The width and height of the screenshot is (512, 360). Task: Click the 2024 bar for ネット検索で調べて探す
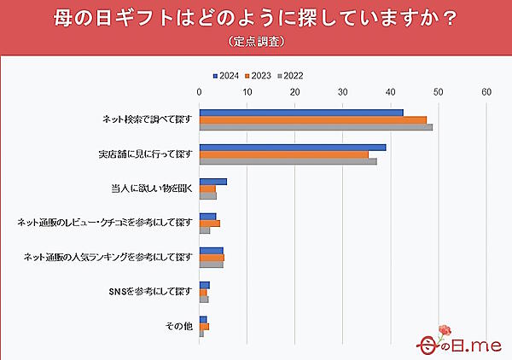300,113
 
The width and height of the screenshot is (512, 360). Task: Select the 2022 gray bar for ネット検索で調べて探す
316,127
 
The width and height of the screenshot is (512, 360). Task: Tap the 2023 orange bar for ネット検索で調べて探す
312,120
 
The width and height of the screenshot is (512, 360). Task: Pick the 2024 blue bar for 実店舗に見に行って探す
292,147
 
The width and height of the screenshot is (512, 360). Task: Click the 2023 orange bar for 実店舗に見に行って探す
283,154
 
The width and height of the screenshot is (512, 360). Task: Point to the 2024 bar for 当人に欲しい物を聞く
212,182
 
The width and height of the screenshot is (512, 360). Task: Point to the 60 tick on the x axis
486,92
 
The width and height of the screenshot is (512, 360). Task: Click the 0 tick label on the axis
200,92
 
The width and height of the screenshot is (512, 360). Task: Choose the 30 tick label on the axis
343,92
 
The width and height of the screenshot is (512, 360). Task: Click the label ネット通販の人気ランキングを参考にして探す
108,258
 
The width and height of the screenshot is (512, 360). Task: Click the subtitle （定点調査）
256,40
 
